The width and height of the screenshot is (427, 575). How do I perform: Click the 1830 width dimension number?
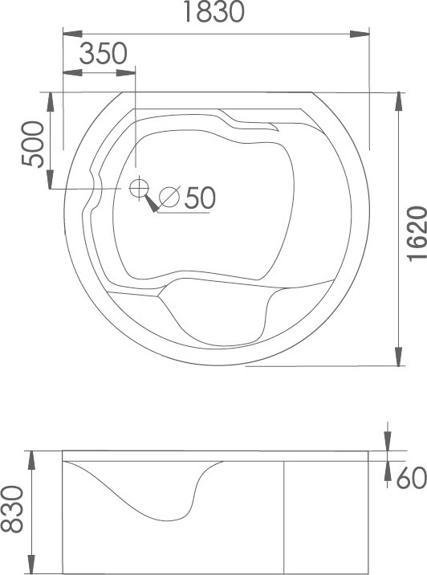[213, 12]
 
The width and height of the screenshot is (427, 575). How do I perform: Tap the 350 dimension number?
[104, 54]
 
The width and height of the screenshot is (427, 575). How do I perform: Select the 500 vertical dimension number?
[33, 145]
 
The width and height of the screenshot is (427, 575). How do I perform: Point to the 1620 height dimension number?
[417, 234]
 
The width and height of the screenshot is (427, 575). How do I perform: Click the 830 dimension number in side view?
[12, 509]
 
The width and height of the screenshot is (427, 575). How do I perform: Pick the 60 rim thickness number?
[412, 478]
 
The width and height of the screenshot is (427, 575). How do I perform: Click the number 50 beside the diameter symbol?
[200, 198]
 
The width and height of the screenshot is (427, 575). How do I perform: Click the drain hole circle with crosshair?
[139, 188]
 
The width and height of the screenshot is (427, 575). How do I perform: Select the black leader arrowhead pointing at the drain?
[152, 203]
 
